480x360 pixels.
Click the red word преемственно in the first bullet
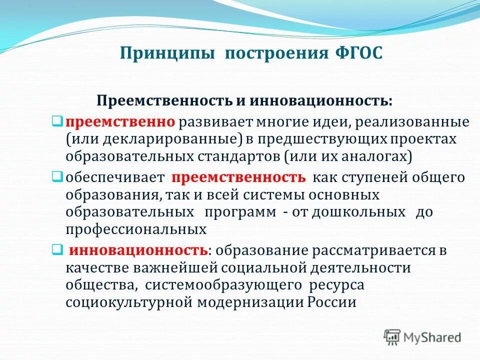pyautogui.click(x=120, y=122)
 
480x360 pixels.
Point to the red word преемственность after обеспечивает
pyautogui.click(x=238, y=178)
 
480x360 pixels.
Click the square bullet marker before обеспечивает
pyautogui.click(x=57, y=176)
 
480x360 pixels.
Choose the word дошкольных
pyautogui.click(x=357, y=212)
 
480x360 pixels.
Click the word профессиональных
pyautogui.click(x=135, y=229)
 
